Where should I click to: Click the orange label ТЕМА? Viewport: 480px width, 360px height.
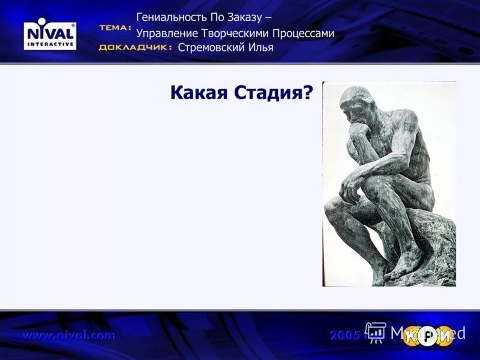(x=115, y=28)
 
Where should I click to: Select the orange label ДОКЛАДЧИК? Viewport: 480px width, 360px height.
(x=135, y=48)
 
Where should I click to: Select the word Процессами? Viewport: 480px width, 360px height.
(x=304, y=34)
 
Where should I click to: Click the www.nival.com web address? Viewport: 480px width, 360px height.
(x=69, y=335)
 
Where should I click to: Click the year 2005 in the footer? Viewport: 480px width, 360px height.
(x=346, y=335)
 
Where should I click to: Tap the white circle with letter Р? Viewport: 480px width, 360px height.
(x=427, y=336)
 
